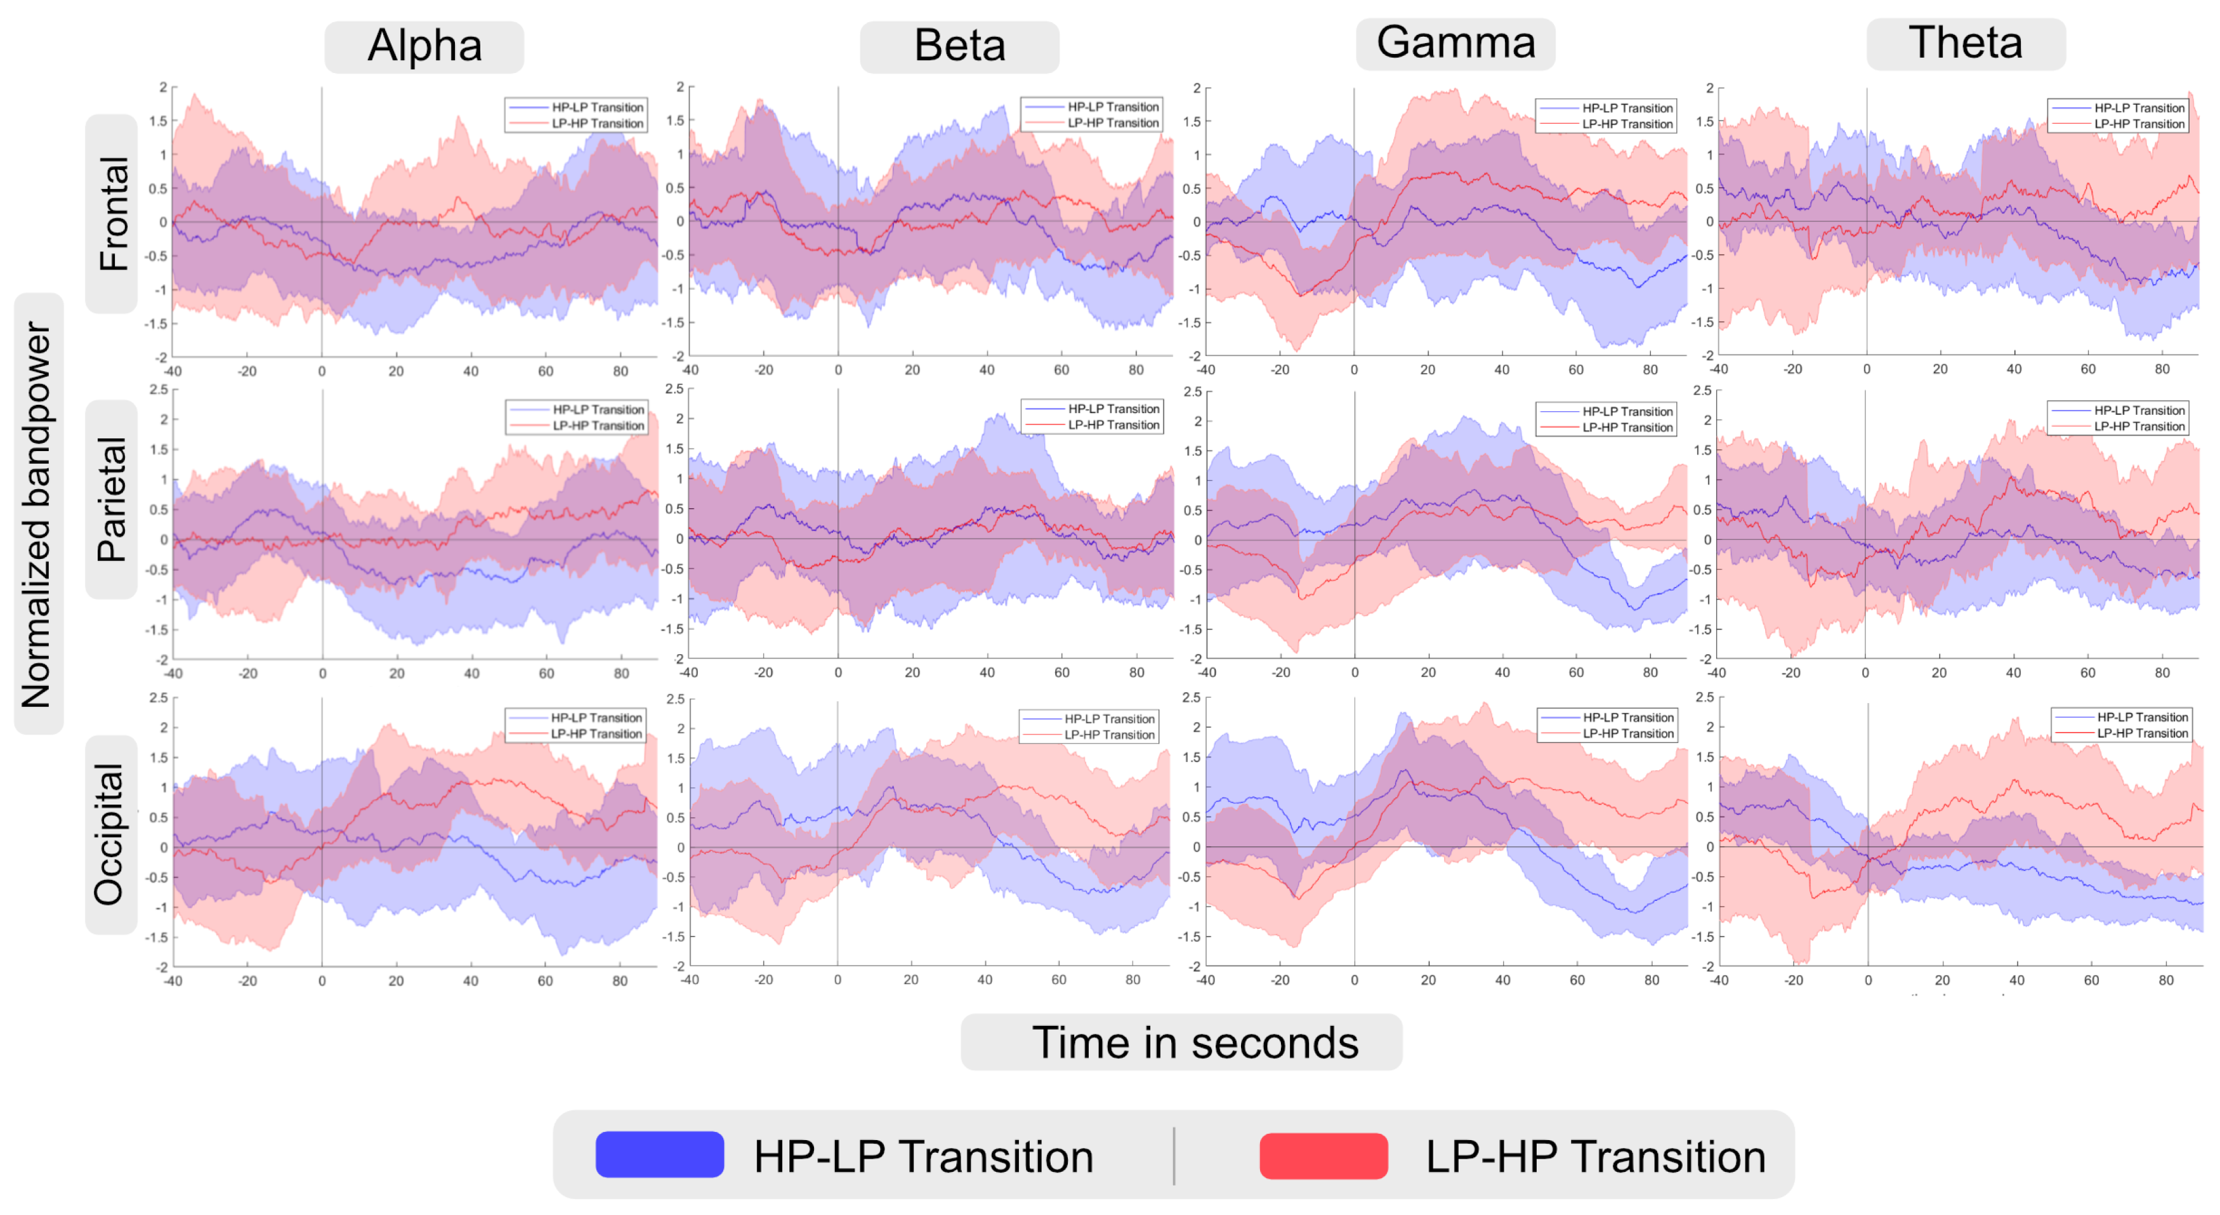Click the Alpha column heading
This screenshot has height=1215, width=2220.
tap(424, 46)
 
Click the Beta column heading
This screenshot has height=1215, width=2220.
tap(959, 46)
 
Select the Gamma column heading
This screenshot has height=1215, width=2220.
tap(1455, 43)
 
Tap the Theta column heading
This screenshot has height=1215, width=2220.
tap(1965, 43)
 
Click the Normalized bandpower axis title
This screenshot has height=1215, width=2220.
tap(38, 515)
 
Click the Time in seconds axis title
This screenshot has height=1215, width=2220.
tap(1195, 1042)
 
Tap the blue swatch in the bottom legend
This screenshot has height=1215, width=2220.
tap(659, 1155)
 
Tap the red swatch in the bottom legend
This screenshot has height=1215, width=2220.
tap(1323, 1155)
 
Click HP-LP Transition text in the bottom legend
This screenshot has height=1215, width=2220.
tap(923, 1157)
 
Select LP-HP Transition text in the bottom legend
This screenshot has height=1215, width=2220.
tap(1594, 1157)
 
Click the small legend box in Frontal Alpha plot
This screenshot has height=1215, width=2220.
tap(575, 115)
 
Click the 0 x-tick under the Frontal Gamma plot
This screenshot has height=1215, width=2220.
tap(1354, 370)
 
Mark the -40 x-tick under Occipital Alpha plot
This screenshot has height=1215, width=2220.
tap(173, 981)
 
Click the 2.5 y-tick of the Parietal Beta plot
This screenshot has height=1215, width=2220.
tap(675, 390)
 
